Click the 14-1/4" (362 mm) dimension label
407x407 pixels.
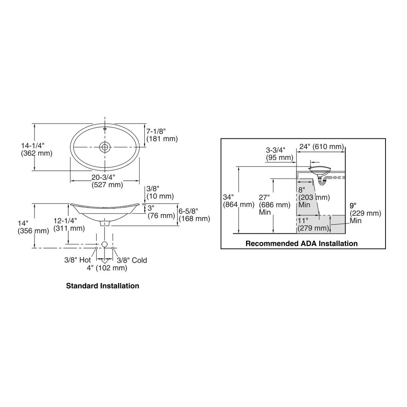37,149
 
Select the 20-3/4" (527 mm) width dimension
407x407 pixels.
107,181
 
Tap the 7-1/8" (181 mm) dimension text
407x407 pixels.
162,135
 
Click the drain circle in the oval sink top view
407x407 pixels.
105,147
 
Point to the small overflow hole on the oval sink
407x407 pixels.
105,128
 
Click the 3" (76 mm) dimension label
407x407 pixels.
161,211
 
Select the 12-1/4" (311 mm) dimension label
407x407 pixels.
69,224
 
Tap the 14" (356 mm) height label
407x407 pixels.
33,227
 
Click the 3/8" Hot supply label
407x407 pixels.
78,260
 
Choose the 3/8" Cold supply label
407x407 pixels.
132,260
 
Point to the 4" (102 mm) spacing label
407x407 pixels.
107,268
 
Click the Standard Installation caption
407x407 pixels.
103,286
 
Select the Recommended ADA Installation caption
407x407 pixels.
302,244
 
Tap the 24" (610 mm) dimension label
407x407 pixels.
322,147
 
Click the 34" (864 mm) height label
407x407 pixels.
238,201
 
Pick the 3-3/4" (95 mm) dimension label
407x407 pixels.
279,154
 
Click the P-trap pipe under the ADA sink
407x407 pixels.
323,181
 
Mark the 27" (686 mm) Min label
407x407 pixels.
275,205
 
